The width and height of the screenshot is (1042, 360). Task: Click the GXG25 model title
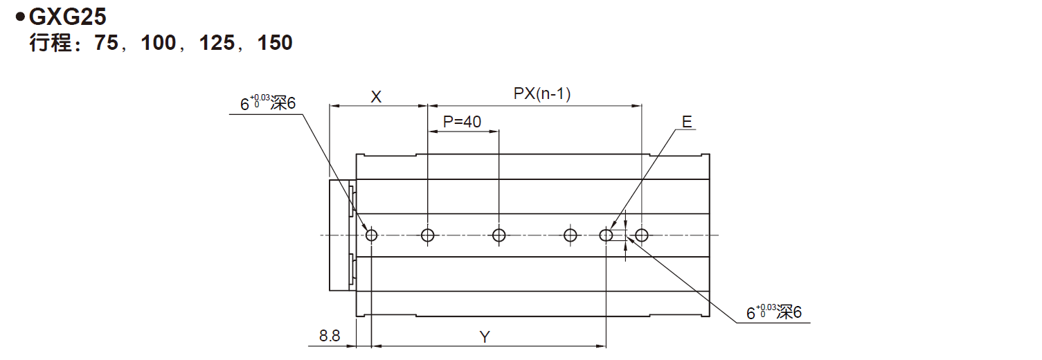tap(66, 17)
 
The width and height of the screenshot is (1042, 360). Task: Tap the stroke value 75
tap(109, 44)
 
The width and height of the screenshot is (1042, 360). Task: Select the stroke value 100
tap(159, 44)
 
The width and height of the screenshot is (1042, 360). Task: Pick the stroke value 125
tap(217, 44)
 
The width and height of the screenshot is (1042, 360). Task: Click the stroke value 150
tap(275, 44)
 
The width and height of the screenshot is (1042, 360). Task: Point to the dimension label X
tap(376, 97)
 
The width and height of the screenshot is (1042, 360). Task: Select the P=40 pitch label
tap(462, 122)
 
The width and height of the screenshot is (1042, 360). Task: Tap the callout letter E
tap(686, 122)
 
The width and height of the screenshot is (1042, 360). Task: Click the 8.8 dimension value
tap(330, 336)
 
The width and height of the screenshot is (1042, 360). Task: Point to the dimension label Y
tap(485, 337)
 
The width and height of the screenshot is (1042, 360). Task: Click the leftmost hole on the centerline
tap(372, 235)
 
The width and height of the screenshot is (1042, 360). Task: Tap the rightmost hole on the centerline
tap(642, 235)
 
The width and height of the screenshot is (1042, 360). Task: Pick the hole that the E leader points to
tap(607, 235)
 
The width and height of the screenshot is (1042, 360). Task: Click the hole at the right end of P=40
tap(498, 235)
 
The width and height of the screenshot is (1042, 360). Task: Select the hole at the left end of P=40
tap(428, 235)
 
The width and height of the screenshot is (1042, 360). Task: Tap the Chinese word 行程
tap(50, 44)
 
